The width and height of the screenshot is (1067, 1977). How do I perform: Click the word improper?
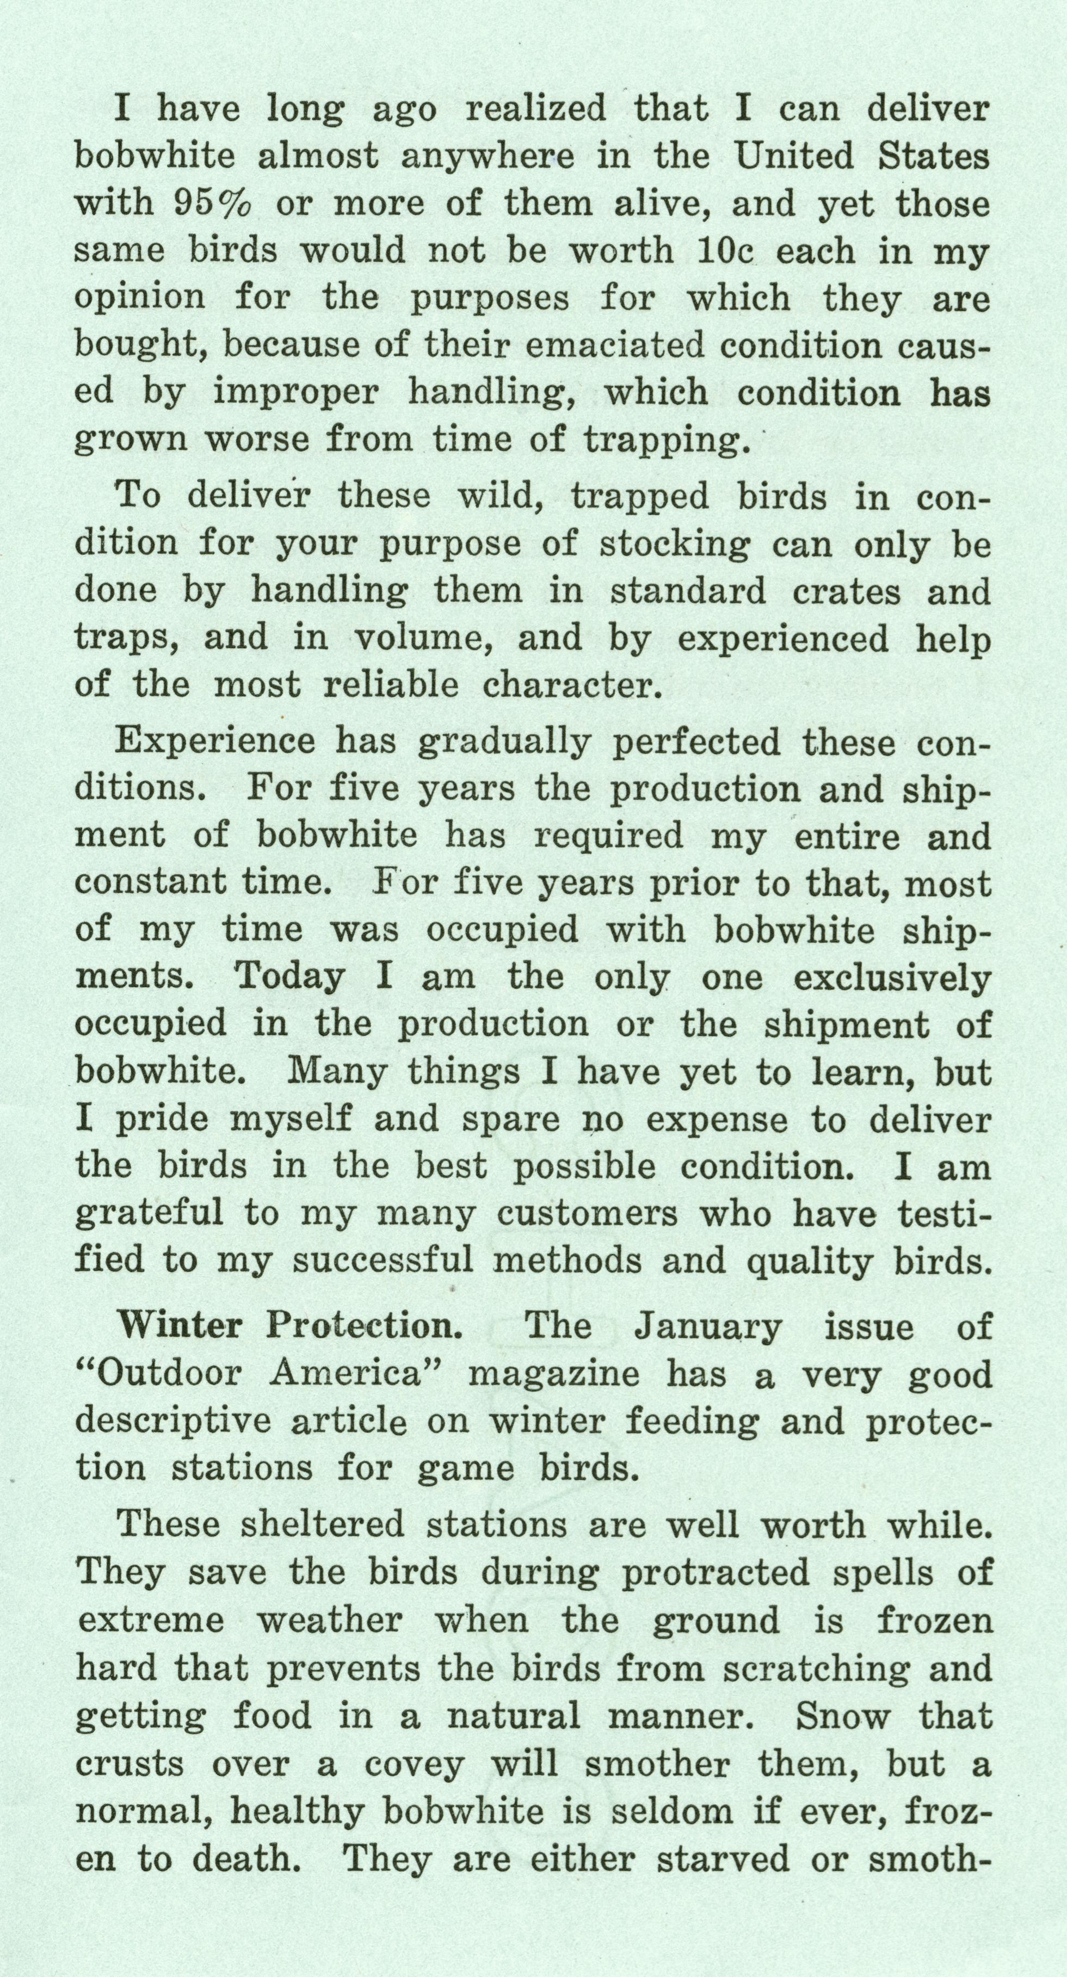point(295,393)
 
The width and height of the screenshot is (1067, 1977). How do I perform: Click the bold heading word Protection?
point(364,1326)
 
